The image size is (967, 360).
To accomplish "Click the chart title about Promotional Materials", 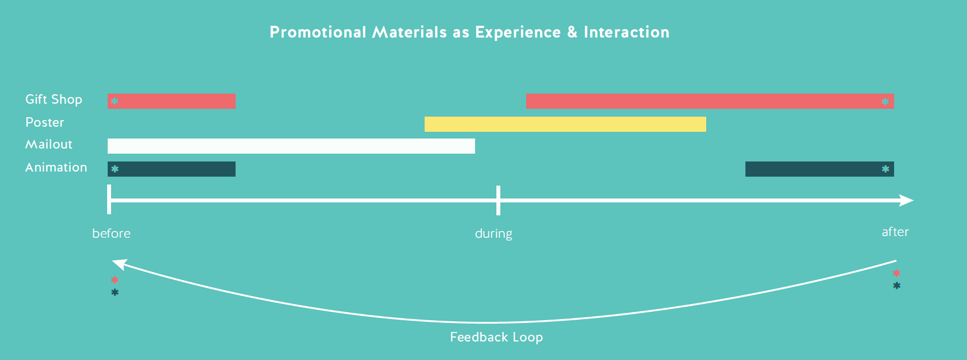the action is click(469, 32).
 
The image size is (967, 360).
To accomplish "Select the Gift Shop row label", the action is click(54, 99).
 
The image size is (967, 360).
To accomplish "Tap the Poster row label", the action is click(45, 122).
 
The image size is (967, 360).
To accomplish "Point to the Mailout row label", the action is click(49, 145).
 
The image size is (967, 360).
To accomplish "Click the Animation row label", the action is click(56, 167).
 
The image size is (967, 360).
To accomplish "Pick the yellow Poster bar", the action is click(565, 124).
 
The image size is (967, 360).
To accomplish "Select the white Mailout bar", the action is click(291, 146).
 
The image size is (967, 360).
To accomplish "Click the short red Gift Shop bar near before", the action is click(172, 101).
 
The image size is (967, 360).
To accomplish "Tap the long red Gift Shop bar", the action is click(710, 101).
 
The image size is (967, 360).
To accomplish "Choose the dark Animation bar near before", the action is click(172, 169).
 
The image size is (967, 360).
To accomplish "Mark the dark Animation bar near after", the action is click(819, 169).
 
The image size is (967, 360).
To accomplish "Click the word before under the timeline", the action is click(111, 233).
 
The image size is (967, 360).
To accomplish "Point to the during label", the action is click(494, 233).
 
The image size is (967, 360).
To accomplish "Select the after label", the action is click(895, 232).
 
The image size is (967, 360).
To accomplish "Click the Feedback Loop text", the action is click(496, 337).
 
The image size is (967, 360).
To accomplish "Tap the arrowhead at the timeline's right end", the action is click(906, 200).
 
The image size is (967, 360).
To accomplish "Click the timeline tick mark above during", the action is click(498, 200).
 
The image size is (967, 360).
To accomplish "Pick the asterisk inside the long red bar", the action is click(885, 101).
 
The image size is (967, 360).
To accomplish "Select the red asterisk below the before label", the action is click(114, 280).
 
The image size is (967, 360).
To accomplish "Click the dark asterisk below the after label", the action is click(896, 286).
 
